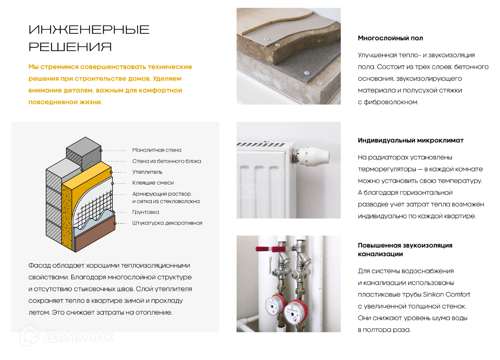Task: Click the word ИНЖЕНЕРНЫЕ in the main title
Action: click(x=89, y=30)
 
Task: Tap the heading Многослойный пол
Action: click(x=390, y=38)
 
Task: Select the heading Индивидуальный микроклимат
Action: click(x=411, y=140)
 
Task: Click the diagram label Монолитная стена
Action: click(x=157, y=150)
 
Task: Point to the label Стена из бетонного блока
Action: click(x=167, y=161)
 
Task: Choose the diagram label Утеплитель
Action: click(x=147, y=172)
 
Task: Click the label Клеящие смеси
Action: click(x=153, y=182)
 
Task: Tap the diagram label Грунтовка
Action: click(x=146, y=212)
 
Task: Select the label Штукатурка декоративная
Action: click(x=167, y=223)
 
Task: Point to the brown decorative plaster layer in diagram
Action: click(x=95, y=233)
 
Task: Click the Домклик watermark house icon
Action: click(x=30, y=336)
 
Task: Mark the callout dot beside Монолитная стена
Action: click(x=101, y=151)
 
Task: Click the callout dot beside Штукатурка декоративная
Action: click(x=115, y=223)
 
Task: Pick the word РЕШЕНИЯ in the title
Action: click(x=70, y=47)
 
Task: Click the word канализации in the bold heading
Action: click(x=380, y=254)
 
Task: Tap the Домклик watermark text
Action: click(x=79, y=337)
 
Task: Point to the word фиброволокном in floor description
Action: click(x=391, y=102)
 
